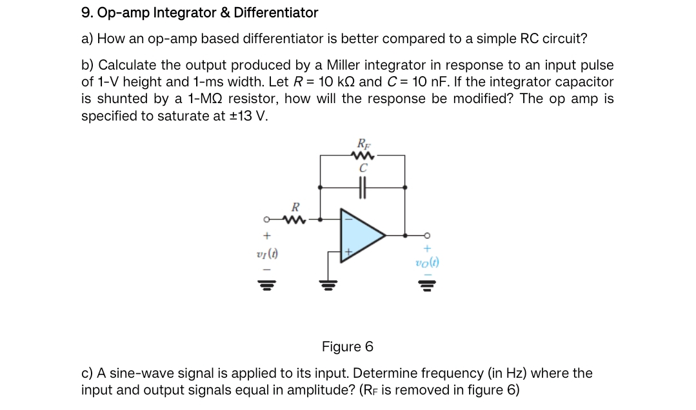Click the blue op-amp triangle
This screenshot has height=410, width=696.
(x=360, y=237)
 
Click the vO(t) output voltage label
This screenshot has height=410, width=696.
(x=427, y=263)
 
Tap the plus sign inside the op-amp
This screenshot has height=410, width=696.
(x=348, y=251)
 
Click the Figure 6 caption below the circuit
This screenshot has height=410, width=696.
(x=347, y=347)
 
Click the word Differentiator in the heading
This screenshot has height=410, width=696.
(x=276, y=12)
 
